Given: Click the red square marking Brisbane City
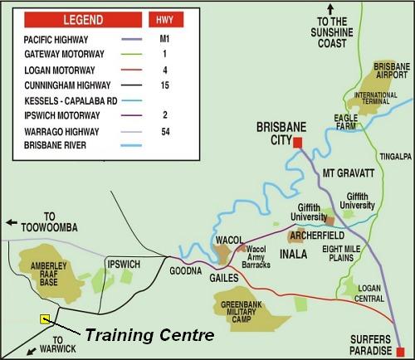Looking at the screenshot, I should [298, 143].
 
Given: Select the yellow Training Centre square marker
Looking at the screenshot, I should [45, 319].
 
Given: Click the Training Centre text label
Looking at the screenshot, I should [149, 336].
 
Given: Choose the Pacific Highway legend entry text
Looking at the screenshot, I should [55, 39].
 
